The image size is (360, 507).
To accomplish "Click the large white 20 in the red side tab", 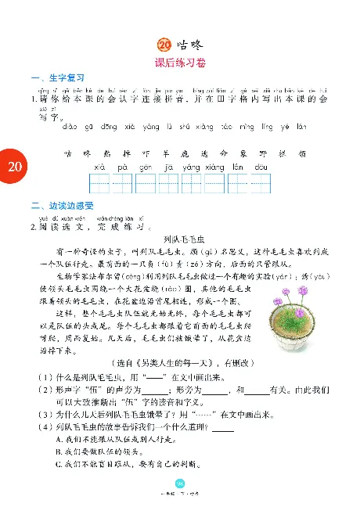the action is (x=15, y=167).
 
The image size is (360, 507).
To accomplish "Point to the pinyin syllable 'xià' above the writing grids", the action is (x=100, y=167).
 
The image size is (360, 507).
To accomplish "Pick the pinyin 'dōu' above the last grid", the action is (x=260, y=167).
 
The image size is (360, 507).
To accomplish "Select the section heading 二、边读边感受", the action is (x=59, y=207).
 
